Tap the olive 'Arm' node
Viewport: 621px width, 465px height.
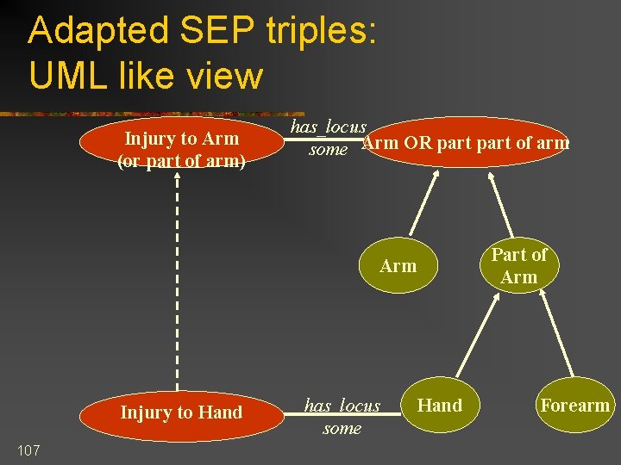[x=398, y=266]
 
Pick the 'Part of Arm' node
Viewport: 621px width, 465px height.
[x=519, y=266]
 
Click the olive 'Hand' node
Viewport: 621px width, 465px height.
[x=440, y=406]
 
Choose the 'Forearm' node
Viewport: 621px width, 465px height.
[x=574, y=406]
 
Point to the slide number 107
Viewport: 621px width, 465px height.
[x=28, y=449]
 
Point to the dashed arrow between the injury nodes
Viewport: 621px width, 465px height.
[x=178, y=284]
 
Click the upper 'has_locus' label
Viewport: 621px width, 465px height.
[x=328, y=127]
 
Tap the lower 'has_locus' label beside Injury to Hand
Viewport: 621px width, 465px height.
[x=342, y=406]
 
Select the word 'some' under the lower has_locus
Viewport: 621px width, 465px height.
[x=342, y=428]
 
